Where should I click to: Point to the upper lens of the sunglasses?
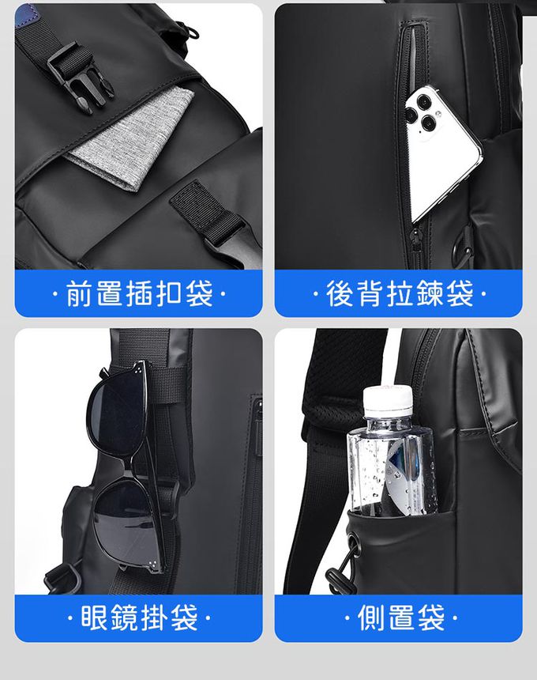click(x=117, y=412)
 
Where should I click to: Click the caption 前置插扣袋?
click(x=139, y=293)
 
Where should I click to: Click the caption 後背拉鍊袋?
click(x=399, y=293)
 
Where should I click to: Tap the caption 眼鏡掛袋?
click(x=139, y=617)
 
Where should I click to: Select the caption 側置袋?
click(x=401, y=617)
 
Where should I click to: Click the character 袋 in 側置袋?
click(x=431, y=617)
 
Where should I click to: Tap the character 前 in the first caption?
click(x=79, y=293)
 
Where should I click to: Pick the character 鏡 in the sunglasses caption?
click(x=124, y=617)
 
